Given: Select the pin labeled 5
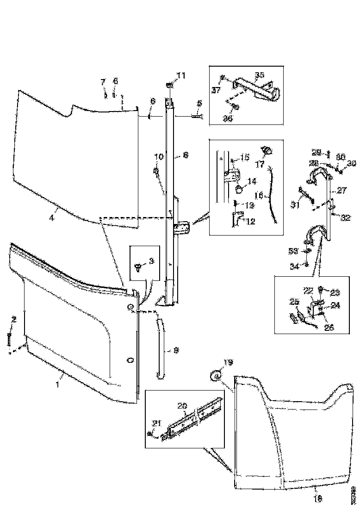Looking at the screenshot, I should click(x=196, y=117).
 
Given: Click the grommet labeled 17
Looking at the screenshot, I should click(x=267, y=150).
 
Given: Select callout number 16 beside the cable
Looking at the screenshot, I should click(x=258, y=196).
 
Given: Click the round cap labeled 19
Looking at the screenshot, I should click(x=215, y=377).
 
